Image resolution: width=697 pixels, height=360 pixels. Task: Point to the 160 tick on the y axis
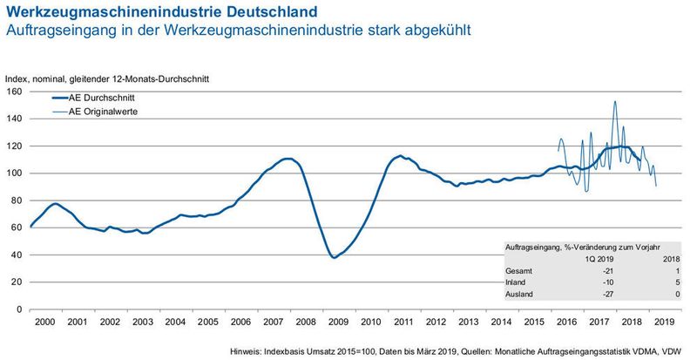[x=14, y=92]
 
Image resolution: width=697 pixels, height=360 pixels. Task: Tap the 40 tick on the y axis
[x=17, y=255]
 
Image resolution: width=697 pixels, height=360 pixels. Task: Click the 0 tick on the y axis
[x=19, y=309]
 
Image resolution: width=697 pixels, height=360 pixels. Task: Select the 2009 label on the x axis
[x=338, y=322]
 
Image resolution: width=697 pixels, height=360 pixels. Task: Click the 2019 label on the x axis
[x=664, y=322]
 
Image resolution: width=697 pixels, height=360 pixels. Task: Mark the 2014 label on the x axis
[x=501, y=322]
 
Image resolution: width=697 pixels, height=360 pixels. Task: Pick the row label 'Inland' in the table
[x=517, y=283]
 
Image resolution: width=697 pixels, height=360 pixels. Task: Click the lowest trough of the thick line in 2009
[x=335, y=257]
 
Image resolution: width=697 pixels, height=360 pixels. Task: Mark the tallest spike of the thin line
[x=615, y=102]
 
